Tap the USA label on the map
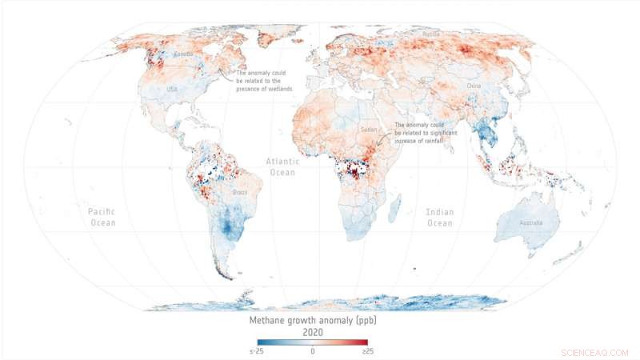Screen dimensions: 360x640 (x=172, y=90)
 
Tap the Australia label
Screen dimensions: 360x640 (x=530, y=222)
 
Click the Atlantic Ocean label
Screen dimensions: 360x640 (x=282, y=166)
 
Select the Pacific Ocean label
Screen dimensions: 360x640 (x=102, y=217)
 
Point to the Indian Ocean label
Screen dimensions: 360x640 (x=441, y=217)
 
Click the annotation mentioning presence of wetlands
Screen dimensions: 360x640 (x=264, y=80)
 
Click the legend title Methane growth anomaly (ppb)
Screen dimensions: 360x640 (x=313, y=322)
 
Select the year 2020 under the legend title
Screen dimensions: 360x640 (x=313, y=334)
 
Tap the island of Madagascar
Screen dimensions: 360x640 (x=394, y=210)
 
